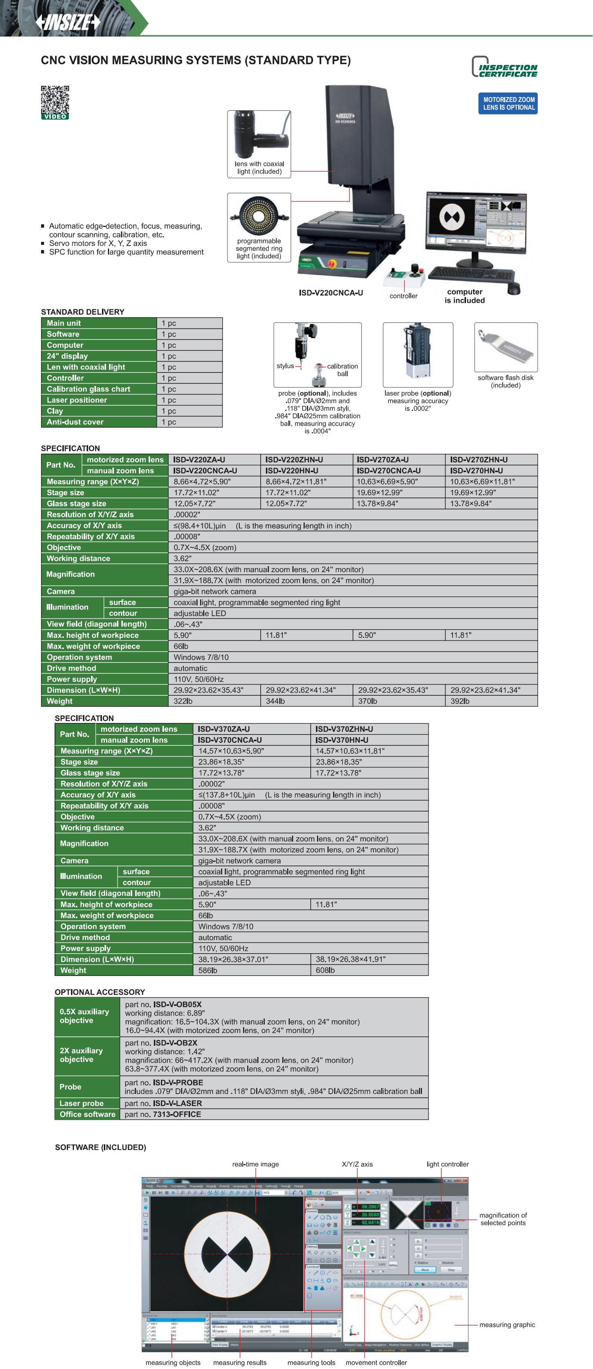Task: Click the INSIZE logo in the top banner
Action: [68, 22]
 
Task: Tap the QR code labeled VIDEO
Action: [55, 101]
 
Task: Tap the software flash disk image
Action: [505, 346]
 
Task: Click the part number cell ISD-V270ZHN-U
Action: [479, 460]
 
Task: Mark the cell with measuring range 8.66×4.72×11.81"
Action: [296, 481]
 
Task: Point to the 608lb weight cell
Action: [326, 970]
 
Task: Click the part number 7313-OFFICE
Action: [177, 1114]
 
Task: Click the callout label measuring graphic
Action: [507, 1325]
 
